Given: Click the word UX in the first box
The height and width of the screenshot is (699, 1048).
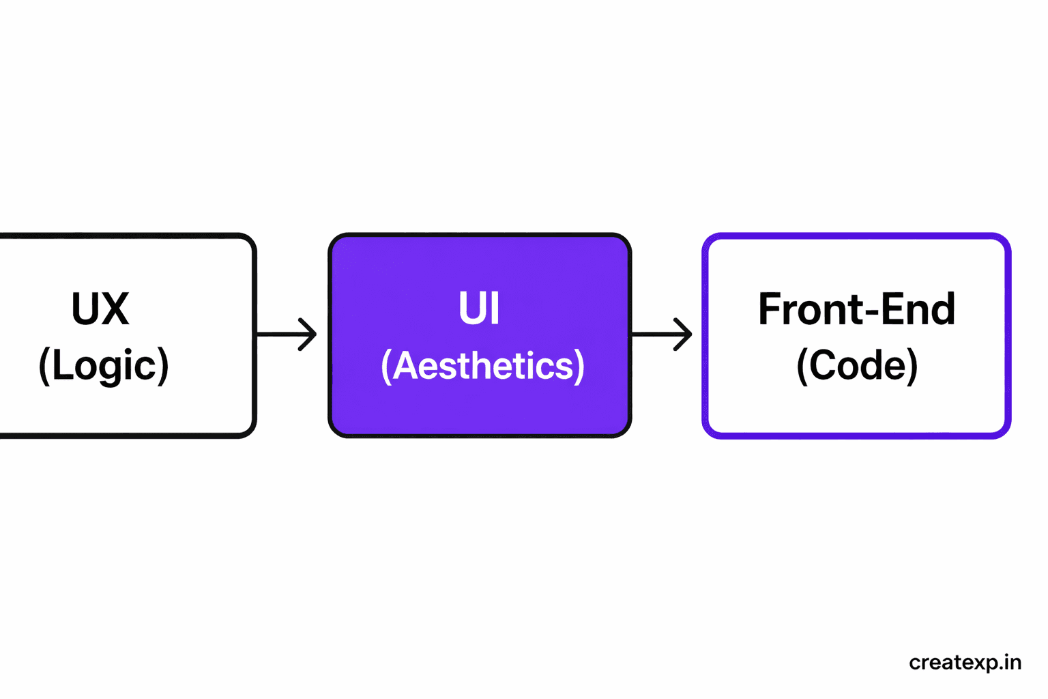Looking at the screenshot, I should pyautogui.click(x=100, y=309).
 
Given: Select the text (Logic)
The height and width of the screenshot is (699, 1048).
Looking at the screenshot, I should pyautogui.click(x=104, y=366).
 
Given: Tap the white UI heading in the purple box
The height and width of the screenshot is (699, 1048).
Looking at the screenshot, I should pyautogui.click(x=479, y=309).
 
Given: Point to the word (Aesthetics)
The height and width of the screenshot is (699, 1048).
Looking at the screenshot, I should pyautogui.click(x=482, y=366).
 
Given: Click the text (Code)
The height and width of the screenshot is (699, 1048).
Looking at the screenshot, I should pyautogui.click(x=857, y=366).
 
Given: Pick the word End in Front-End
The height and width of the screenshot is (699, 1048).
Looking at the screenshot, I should pyautogui.click(x=918, y=309).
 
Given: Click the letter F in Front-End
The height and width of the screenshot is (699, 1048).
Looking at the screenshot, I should pyautogui.click(x=770, y=309).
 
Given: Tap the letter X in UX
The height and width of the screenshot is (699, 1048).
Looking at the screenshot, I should pyautogui.click(x=114, y=309).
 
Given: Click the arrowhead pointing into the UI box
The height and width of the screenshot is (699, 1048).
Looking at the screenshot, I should pyautogui.click(x=309, y=334).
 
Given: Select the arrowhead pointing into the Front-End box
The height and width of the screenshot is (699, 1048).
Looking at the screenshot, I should pyautogui.click(x=684, y=334).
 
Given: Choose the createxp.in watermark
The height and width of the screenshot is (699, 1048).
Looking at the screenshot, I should pyautogui.click(x=965, y=663).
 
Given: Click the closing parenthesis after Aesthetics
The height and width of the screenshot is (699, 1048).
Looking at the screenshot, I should pyautogui.click(x=579, y=367).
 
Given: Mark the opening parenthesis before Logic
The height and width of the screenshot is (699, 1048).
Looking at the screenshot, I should pyautogui.click(x=44, y=367).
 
